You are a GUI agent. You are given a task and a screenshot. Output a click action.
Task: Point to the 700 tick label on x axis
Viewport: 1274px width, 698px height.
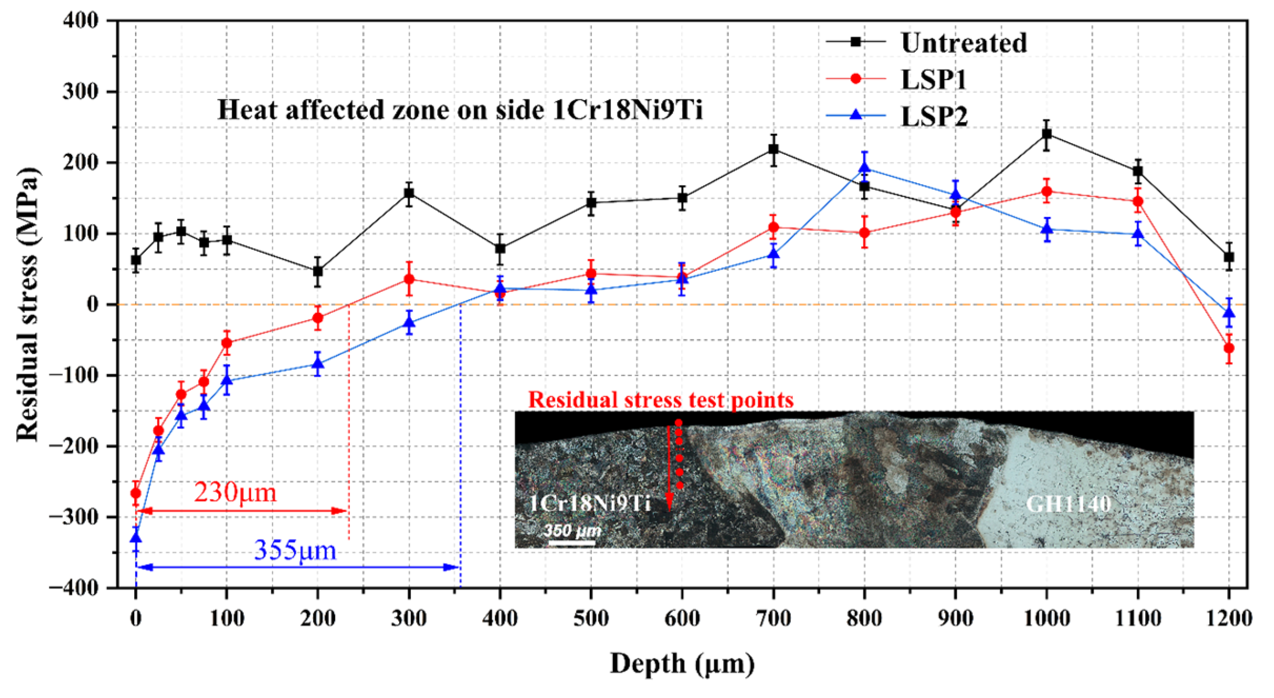click(773, 617)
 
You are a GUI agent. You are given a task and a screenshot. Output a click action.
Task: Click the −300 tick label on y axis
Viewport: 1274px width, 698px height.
click(74, 516)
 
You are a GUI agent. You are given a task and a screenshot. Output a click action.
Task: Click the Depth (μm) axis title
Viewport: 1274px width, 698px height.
click(682, 663)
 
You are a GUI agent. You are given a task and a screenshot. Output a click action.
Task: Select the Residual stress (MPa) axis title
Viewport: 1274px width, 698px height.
click(27, 304)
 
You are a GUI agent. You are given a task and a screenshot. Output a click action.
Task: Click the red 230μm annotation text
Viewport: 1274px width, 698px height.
click(235, 493)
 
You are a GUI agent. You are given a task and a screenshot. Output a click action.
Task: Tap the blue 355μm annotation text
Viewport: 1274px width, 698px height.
click(295, 551)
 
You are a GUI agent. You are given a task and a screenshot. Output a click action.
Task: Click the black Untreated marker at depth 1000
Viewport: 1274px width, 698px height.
click(1047, 134)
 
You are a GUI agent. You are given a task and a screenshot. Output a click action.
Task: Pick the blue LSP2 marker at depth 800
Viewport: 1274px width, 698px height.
click(864, 168)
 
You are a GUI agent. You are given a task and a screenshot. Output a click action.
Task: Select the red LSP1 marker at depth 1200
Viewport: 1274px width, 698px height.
click(1229, 348)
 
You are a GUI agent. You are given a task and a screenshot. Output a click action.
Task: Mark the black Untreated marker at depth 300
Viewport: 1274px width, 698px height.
click(409, 193)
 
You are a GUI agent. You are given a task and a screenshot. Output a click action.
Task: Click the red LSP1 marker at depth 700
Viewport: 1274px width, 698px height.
click(773, 227)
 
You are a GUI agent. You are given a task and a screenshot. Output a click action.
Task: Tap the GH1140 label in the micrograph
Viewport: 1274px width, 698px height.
click(1068, 504)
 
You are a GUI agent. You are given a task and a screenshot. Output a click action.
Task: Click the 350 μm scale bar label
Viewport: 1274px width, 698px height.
click(572, 530)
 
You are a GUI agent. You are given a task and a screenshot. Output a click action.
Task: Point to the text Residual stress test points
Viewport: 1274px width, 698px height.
click(661, 400)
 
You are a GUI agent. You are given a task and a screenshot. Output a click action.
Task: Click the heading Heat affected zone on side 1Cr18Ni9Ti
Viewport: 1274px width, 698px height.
click(460, 111)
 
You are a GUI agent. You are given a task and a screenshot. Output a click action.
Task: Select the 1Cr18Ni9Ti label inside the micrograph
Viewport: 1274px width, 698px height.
click(590, 504)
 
